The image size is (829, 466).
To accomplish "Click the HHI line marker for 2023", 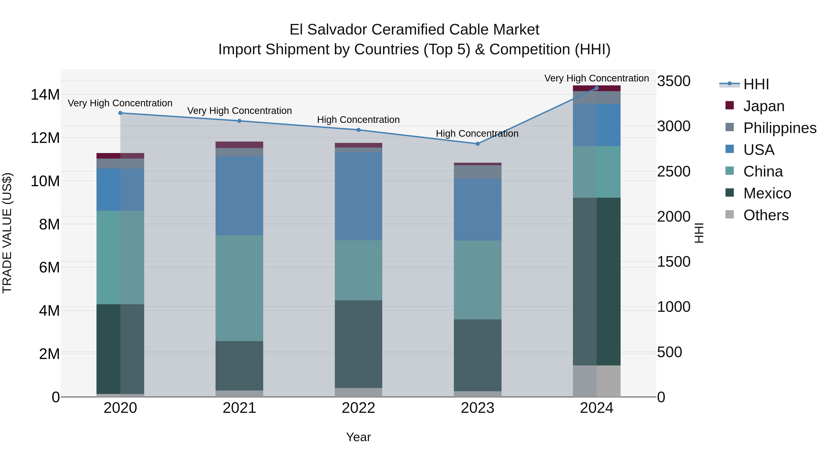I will click(x=478, y=144).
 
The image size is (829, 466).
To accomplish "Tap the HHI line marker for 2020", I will click(x=120, y=113).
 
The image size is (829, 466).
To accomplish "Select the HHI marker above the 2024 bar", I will click(x=597, y=88).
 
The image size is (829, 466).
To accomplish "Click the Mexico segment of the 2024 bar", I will click(x=597, y=281).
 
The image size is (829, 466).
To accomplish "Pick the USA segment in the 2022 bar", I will click(x=359, y=196).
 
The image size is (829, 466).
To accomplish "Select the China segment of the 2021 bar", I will click(x=239, y=288).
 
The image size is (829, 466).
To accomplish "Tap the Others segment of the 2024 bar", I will click(x=597, y=381).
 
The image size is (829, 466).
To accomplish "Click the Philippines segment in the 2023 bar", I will click(x=478, y=172).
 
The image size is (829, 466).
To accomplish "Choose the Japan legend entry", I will click(x=763, y=106).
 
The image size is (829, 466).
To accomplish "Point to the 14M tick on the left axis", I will click(x=45, y=95).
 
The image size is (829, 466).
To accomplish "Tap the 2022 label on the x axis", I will click(x=359, y=408).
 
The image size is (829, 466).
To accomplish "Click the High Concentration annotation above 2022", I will click(x=359, y=120).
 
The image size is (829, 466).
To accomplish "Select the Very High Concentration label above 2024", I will click(x=596, y=78).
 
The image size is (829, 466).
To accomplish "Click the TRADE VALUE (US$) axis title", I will click(x=7, y=233).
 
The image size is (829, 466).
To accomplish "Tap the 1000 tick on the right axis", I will click(x=674, y=307).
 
